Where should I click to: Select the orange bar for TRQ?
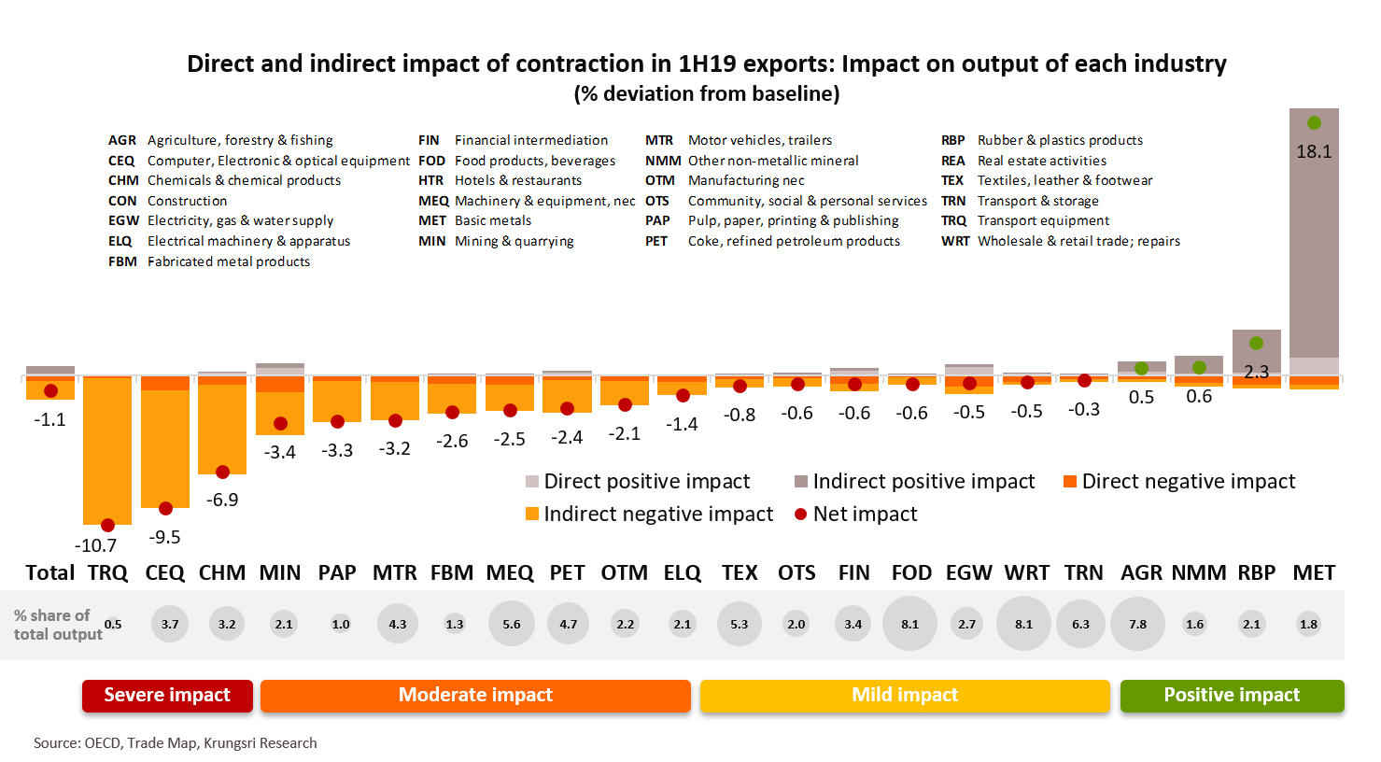pos(107,448)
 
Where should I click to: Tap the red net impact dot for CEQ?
pos(165,509)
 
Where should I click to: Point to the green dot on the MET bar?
pos(1314,123)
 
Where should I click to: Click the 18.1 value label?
pos(1314,151)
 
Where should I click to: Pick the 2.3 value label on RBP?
pos(1256,372)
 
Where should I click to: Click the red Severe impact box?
pos(167,695)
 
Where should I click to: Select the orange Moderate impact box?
pos(475,695)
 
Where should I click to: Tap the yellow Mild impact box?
pos(905,695)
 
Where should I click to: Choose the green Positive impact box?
pos(1232,695)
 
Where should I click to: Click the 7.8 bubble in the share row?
pos(1137,624)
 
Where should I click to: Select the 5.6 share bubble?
pos(512,624)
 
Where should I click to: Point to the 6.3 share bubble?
pos(1080,624)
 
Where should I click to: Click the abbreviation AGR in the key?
pos(122,140)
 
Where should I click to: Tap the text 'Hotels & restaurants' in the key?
pos(518,180)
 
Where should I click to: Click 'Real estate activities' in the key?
pos(1042,161)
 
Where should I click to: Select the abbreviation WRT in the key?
pos(955,241)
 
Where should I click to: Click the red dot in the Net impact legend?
pos(800,515)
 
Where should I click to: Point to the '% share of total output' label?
pos(56,625)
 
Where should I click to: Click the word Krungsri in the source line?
pos(230,743)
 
